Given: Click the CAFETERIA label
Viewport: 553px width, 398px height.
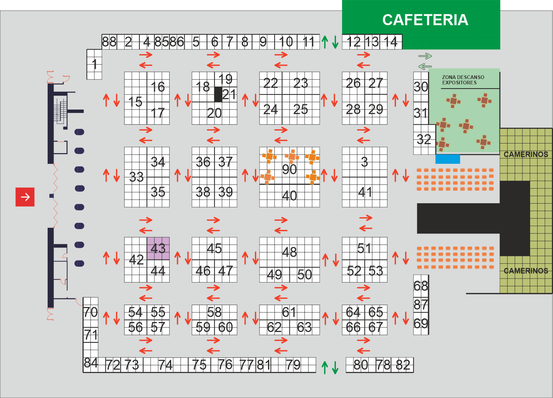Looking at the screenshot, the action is (425, 20).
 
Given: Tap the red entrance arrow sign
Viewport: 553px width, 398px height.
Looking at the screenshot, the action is (25, 197).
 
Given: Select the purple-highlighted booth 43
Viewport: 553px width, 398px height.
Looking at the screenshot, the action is (158, 248).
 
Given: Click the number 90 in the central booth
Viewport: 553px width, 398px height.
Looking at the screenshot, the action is (289, 169).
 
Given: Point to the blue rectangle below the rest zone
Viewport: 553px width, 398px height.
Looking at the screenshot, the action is (448, 159).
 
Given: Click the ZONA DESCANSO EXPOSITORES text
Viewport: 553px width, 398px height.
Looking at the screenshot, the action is (463, 80).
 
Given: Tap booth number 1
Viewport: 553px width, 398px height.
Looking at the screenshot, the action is (94, 64).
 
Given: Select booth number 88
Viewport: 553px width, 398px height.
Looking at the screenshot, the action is (109, 42).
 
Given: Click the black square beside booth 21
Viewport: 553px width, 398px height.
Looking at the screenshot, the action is (218, 94).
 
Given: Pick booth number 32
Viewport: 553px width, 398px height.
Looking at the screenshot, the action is (424, 139).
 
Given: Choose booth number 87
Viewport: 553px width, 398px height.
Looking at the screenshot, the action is (421, 305).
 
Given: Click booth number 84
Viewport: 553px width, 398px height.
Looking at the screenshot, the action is (91, 363).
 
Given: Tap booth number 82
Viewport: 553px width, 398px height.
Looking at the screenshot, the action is (403, 365).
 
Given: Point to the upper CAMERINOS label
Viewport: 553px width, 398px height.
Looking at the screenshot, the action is (526, 155).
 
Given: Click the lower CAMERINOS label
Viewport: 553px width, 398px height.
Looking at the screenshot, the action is (526, 271).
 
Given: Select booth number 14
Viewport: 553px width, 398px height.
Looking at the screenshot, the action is (390, 42).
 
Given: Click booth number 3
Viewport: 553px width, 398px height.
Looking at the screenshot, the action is (364, 162).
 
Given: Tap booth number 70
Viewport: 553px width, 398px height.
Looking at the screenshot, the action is (91, 312).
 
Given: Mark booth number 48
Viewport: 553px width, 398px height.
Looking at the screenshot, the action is (289, 252).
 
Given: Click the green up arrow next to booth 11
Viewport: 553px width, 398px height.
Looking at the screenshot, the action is (325, 42).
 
